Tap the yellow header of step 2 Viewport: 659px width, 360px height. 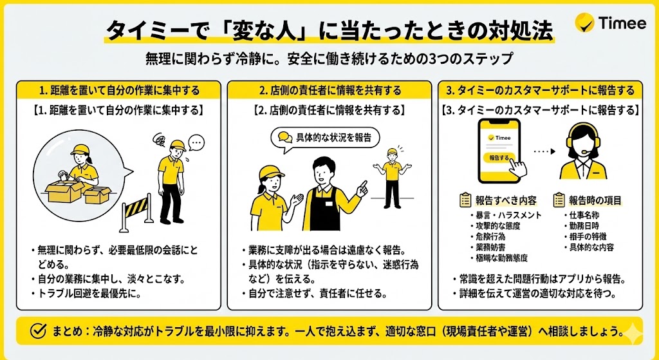point(329,90)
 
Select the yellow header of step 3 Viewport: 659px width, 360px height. point(541,90)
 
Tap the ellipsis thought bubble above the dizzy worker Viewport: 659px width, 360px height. point(196,142)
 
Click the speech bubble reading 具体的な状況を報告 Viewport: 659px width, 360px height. point(324,137)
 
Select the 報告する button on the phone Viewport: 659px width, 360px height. point(499,157)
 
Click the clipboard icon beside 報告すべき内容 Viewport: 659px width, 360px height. point(465,200)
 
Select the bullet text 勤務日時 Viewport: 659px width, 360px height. point(583,225)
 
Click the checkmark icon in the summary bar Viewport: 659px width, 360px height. point(39,332)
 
